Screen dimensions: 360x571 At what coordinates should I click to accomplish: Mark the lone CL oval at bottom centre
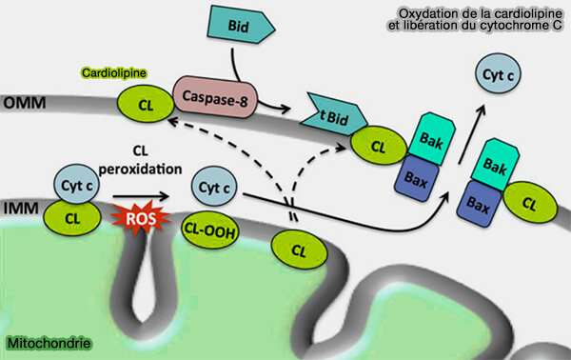pos(299,251)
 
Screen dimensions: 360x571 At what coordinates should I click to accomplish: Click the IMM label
pos(16,204)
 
